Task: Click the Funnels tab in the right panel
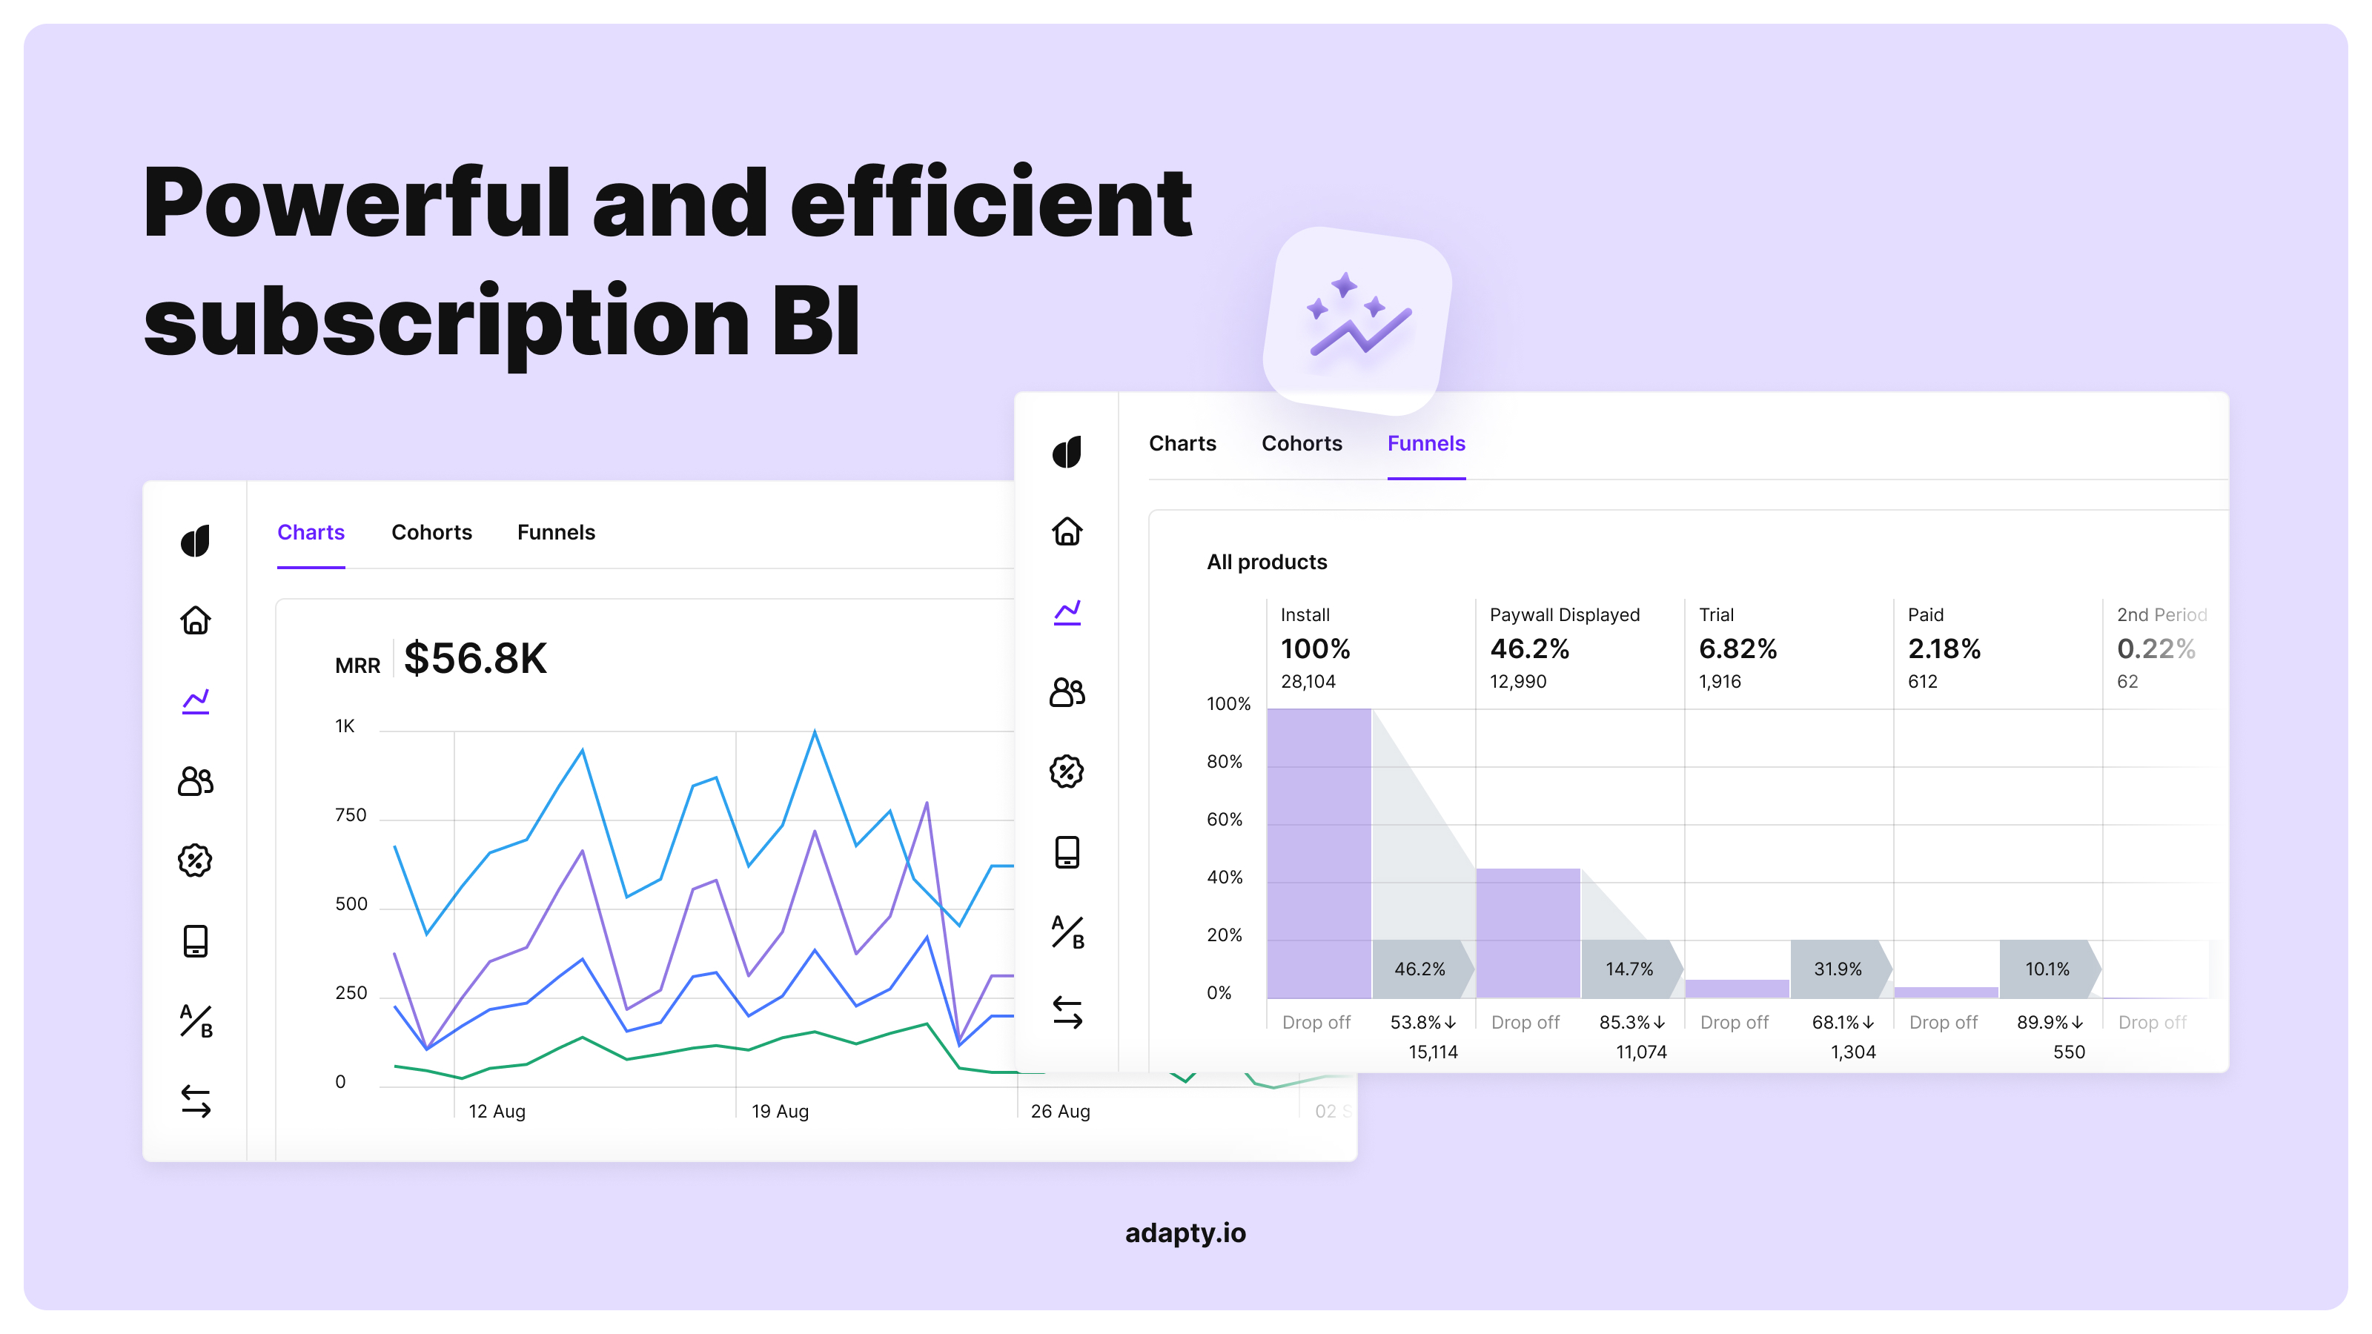tap(1425, 444)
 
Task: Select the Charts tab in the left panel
tap(311, 532)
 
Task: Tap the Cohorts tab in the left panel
tap(431, 532)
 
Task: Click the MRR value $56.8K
tap(475, 658)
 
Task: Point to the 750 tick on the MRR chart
tap(350, 814)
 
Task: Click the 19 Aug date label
tap(779, 1111)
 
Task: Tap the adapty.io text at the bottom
tap(1185, 1232)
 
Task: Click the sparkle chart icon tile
tap(1357, 319)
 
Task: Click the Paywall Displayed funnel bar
tap(1528, 932)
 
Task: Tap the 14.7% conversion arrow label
tap(1629, 969)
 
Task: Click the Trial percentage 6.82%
tap(1737, 649)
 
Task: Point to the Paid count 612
tap(1923, 681)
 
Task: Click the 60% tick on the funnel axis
tap(1224, 820)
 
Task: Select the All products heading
tap(1266, 563)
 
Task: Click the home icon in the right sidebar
tap(1067, 531)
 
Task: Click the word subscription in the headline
tap(446, 322)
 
